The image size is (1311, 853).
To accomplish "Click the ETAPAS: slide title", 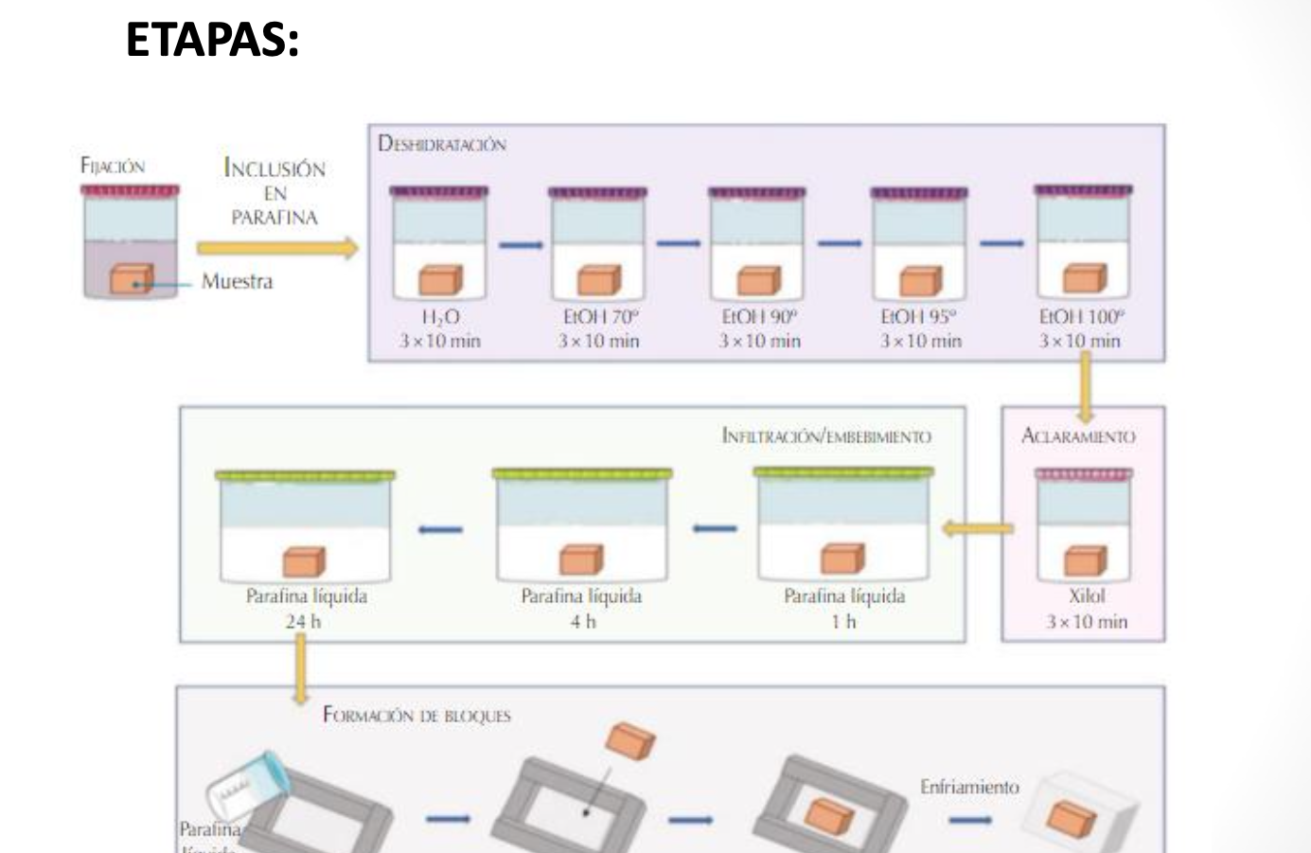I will pyautogui.click(x=212, y=41).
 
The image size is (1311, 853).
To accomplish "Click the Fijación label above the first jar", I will pyautogui.click(x=113, y=167).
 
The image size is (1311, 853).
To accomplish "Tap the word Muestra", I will pyautogui.click(x=237, y=282).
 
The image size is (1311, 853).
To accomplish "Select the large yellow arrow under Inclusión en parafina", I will pyautogui.click(x=277, y=249).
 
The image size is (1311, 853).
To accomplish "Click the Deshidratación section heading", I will pyautogui.click(x=442, y=145).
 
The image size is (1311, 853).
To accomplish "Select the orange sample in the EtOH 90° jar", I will pyautogui.click(x=759, y=280).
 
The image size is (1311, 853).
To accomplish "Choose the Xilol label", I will pyautogui.click(x=1086, y=597).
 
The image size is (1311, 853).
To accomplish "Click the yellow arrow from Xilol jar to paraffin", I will pyautogui.click(x=978, y=528).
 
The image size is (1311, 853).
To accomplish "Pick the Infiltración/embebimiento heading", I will pyautogui.click(x=825, y=436).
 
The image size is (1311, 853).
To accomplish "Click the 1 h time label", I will pyautogui.click(x=843, y=622).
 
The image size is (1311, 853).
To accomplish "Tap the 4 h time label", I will pyautogui.click(x=582, y=622).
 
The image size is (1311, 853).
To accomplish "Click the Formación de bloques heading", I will pyautogui.click(x=416, y=716).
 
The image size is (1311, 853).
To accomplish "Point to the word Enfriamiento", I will pyautogui.click(x=969, y=788).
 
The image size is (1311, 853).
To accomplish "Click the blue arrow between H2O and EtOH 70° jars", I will pyautogui.click(x=522, y=246).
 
